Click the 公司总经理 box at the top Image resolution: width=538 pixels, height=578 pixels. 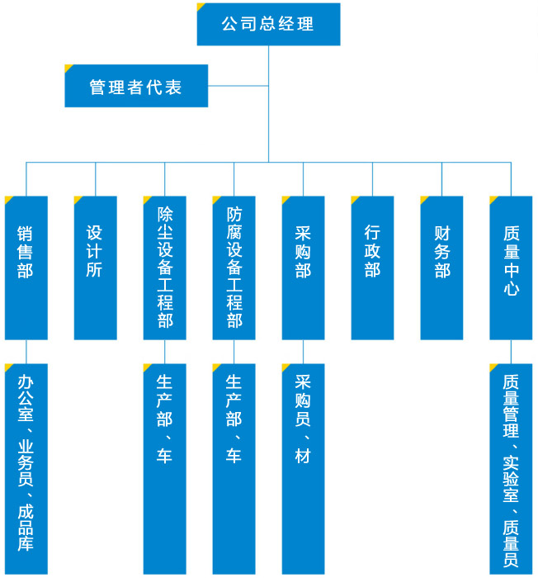coord(268,24)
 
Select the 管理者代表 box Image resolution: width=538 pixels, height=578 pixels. coord(136,86)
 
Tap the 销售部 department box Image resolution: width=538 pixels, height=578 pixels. coord(26,268)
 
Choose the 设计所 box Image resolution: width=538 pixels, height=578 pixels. coord(95,268)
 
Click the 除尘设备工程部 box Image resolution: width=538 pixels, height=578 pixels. coord(164,268)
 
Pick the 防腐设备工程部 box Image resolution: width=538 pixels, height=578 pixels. coord(234,268)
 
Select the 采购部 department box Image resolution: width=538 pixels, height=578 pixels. coord(303,268)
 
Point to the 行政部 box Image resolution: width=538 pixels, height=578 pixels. coord(372,268)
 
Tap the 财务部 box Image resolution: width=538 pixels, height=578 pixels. coord(441,268)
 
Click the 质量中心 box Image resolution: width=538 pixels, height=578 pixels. coord(511,268)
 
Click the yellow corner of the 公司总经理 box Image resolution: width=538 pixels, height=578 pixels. coord(201,7)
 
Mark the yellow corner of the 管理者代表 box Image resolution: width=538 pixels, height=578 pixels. coord(68,68)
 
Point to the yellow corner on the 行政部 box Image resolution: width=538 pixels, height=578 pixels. coord(355,199)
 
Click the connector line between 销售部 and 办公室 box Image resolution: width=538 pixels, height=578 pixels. coord(26,351)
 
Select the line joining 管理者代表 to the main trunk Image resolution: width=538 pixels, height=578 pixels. coord(238,86)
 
